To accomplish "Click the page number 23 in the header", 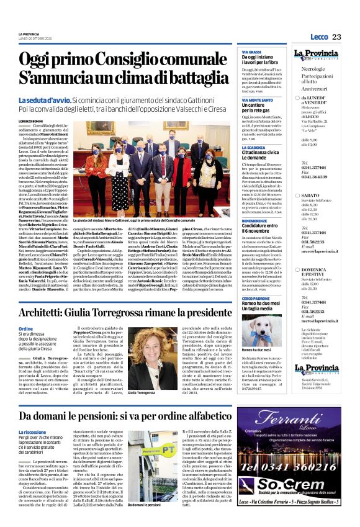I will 336,37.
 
